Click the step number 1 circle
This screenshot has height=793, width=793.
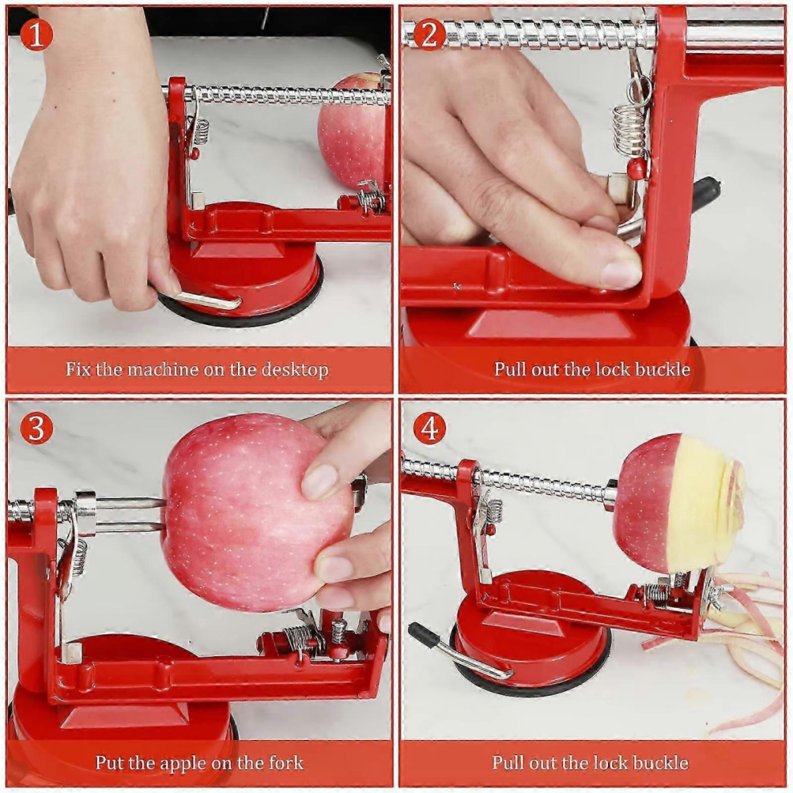[36, 34]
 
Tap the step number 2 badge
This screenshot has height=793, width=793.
[429, 34]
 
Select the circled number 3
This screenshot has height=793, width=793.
[36, 428]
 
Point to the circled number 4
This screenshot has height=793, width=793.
[429, 428]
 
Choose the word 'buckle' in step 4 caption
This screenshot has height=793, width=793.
[661, 762]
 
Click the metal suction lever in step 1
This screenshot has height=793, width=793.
[200, 300]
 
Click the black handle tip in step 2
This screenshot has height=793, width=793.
[706, 194]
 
